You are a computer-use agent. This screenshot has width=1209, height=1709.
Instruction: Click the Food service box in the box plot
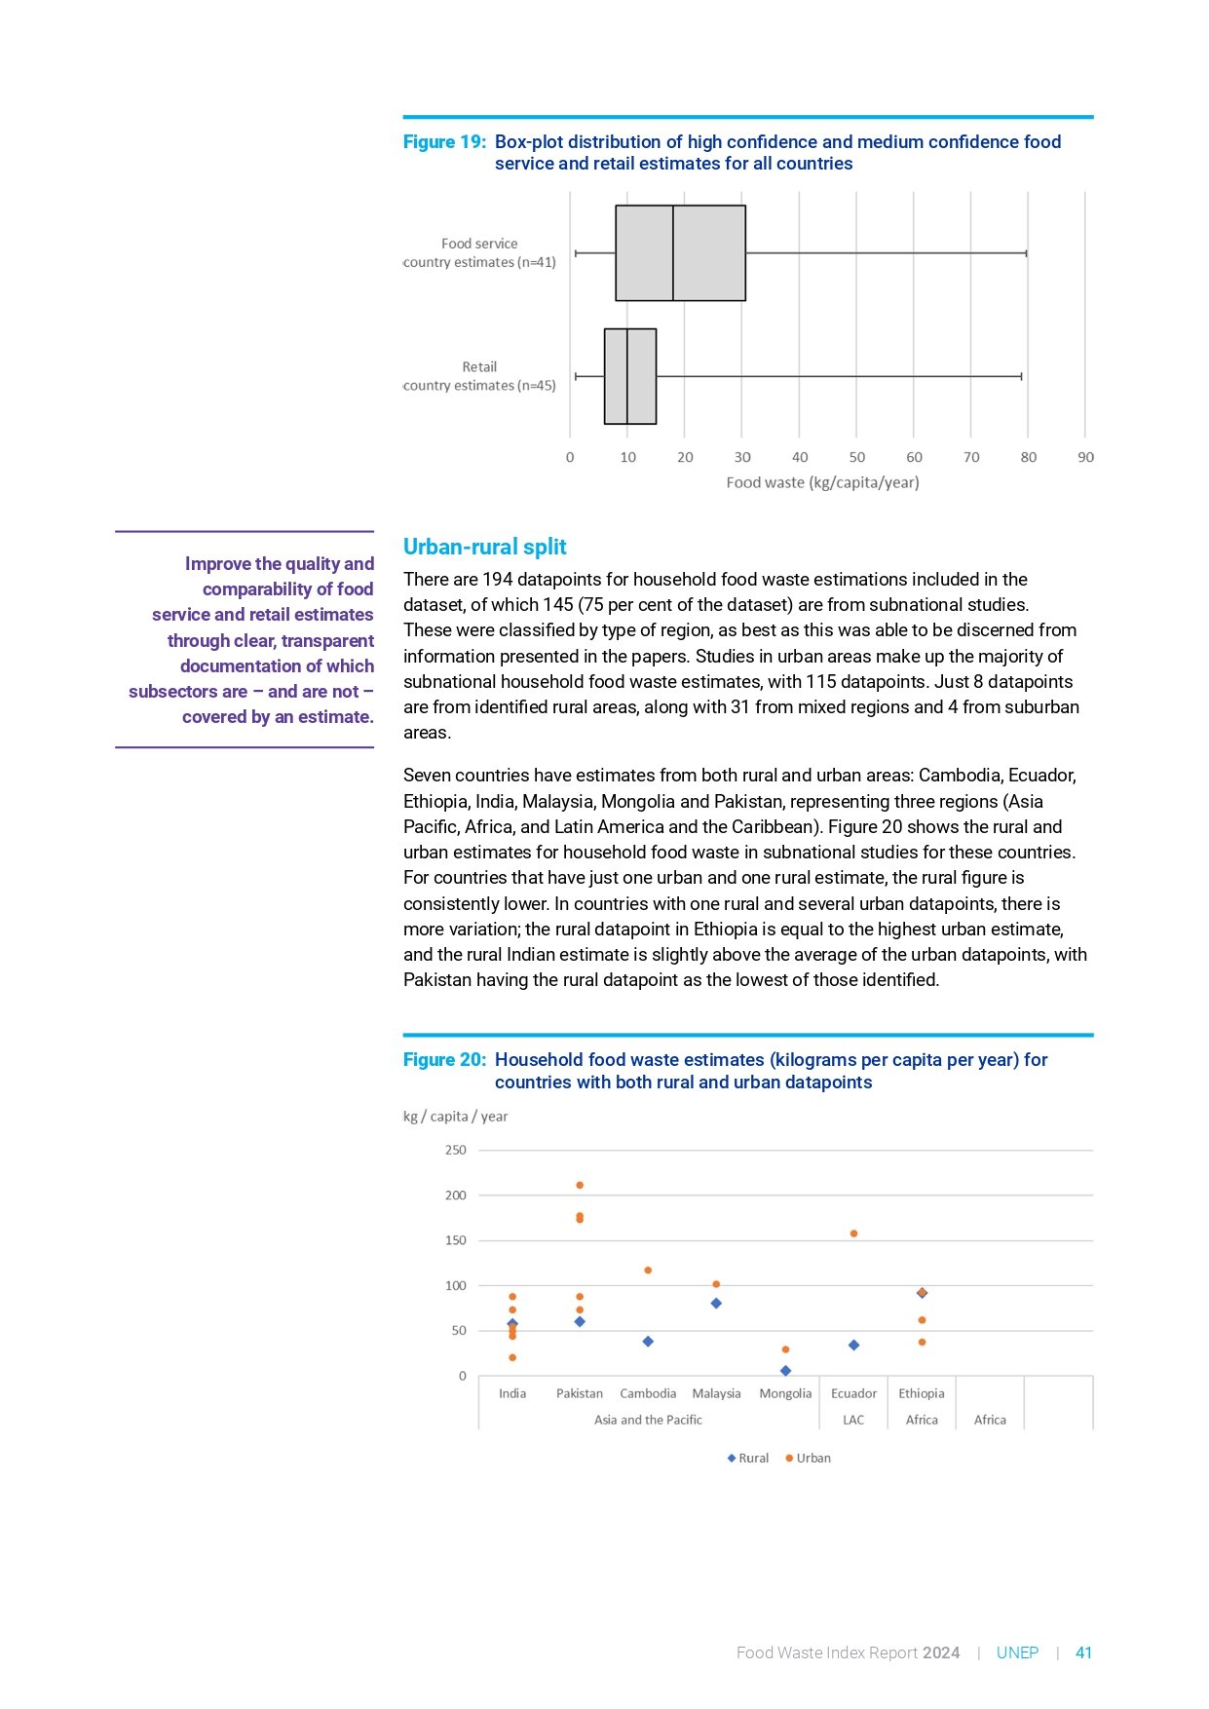[x=680, y=253]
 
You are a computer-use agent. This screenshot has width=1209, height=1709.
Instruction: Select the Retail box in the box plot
[x=630, y=376]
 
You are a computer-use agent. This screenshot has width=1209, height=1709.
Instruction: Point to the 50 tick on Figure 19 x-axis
[x=857, y=457]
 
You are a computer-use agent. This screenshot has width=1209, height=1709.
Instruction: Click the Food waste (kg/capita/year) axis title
[x=822, y=482]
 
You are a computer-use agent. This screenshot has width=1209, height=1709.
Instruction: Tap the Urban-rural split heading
[x=484, y=547]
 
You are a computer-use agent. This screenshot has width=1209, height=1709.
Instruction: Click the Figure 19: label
[x=444, y=142]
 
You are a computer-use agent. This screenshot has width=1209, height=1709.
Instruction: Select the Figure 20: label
[x=444, y=1060]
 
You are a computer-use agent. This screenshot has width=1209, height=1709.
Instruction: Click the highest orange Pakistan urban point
[x=580, y=1186]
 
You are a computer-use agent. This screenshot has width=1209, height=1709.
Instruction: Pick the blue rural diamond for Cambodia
[x=648, y=1342]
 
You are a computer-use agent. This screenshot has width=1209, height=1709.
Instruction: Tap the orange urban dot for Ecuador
[x=854, y=1234]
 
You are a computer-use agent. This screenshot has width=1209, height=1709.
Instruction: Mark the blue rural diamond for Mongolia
[x=786, y=1371]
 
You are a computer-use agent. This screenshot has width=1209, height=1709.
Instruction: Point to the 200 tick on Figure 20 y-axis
[x=456, y=1196]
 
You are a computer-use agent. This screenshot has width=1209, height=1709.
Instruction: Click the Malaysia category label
[x=716, y=1394]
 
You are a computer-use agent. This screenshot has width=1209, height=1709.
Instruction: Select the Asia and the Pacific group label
[x=648, y=1421]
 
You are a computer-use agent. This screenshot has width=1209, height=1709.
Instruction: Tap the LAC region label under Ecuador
[x=853, y=1421]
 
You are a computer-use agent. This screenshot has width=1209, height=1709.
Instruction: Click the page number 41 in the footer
[x=1083, y=1653]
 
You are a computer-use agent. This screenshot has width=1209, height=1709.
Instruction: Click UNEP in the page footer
[x=1017, y=1653]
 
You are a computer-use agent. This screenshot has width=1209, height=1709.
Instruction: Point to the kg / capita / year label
[x=455, y=1117]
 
